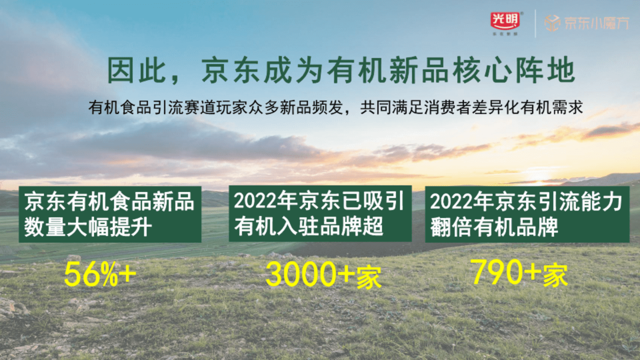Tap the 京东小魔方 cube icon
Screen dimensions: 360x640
(552, 23)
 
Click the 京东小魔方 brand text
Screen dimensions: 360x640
(596, 23)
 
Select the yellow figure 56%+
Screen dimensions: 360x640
(100, 274)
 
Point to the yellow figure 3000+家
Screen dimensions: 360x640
(323, 274)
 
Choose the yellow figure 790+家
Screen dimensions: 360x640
(519, 273)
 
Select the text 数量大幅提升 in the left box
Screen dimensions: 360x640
(88, 227)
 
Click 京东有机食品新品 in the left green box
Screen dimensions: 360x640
(109, 202)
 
